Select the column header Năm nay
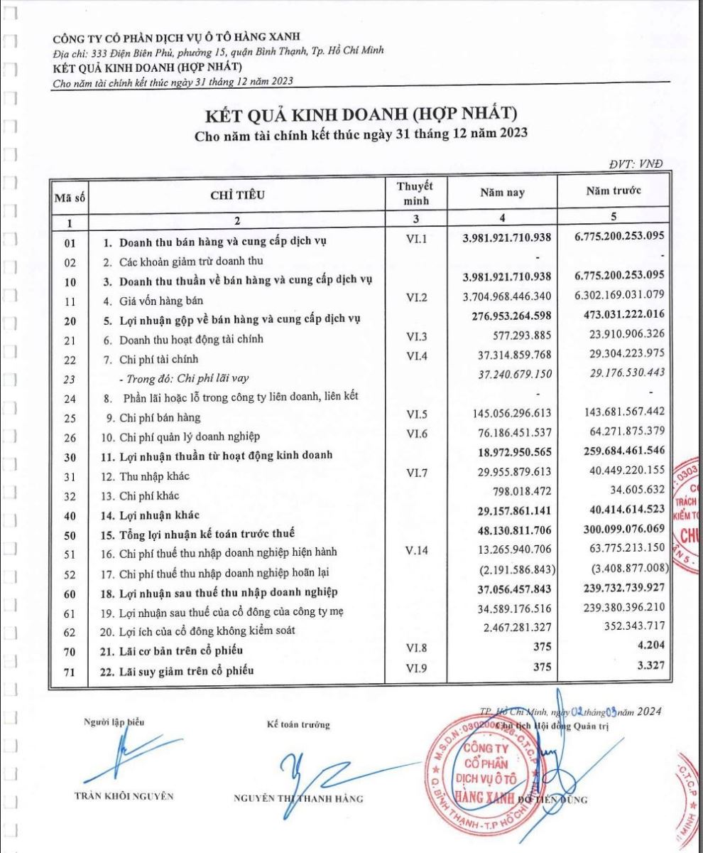point(503,192)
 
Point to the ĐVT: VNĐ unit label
point(636,163)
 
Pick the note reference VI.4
point(416,359)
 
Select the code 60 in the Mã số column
point(69,592)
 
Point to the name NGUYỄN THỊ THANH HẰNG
point(298,798)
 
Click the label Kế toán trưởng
point(298,724)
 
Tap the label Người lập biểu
point(114,721)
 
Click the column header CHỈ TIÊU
point(238,197)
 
